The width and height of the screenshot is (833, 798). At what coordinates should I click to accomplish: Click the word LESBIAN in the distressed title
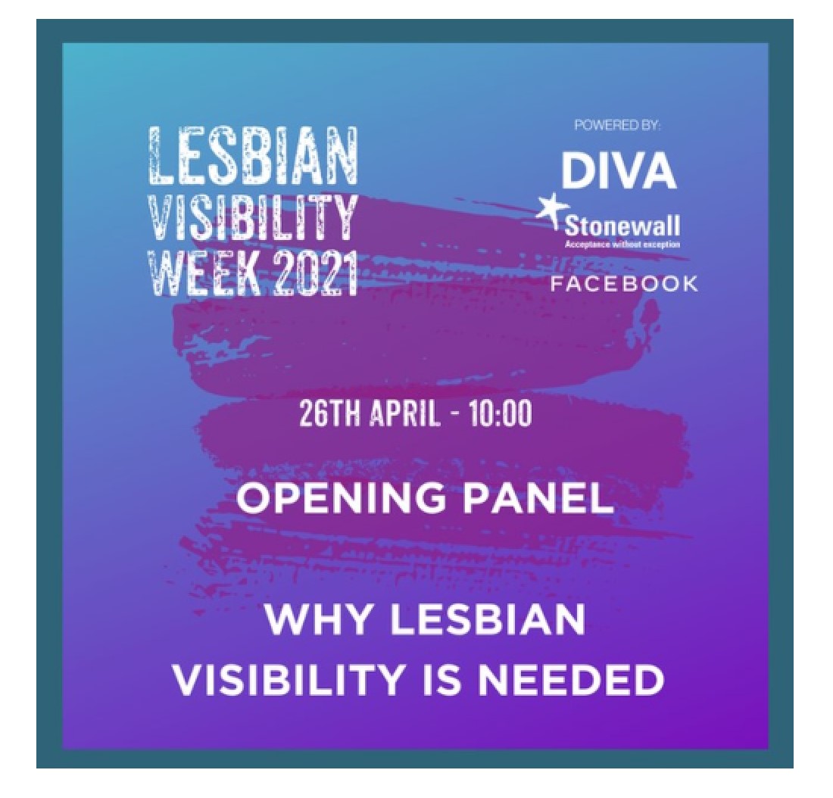click(x=252, y=156)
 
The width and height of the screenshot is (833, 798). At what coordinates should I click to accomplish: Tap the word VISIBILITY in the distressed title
click(x=252, y=217)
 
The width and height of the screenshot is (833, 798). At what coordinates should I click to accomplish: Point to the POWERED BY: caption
click(x=617, y=126)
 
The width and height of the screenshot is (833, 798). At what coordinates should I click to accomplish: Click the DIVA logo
click(x=619, y=171)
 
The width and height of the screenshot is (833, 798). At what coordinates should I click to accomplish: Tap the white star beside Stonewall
click(x=550, y=208)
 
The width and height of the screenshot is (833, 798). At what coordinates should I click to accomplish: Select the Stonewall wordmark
click(x=622, y=227)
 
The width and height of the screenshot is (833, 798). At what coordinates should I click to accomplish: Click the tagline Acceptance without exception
click(x=622, y=245)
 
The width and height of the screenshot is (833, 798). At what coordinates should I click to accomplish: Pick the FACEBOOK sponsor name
click(x=624, y=284)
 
